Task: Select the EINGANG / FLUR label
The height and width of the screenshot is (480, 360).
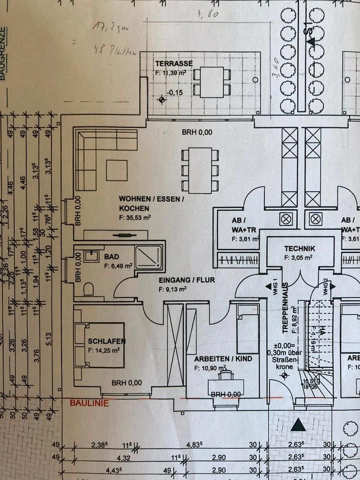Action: pos(186,280)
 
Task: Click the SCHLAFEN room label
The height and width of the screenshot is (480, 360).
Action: pos(106,341)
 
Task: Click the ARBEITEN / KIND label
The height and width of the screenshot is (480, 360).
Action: pos(223,358)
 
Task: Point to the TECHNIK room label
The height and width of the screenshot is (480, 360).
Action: pos(299,248)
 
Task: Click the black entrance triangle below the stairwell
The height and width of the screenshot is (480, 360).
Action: pos(298,425)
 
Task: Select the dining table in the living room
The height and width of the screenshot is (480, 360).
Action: pos(200,170)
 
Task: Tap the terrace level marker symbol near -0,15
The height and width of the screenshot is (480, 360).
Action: pos(162,99)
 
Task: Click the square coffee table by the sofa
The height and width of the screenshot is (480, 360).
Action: pos(116,170)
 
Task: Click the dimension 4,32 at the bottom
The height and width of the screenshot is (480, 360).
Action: pos(123,457)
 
